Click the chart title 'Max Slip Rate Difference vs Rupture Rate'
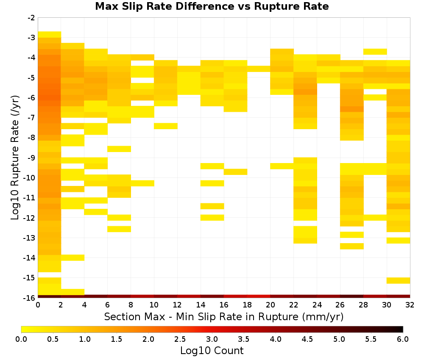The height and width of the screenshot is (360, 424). [x=212, y=6]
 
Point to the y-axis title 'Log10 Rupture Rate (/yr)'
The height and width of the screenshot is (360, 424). [x=15, y=158]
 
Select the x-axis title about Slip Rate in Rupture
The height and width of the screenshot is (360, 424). [x=223, y=317]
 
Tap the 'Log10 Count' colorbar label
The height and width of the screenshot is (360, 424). [x=212, y=351]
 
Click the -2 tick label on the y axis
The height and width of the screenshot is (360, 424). [x=31, y=18]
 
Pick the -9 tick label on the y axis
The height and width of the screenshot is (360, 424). [x=31, y=158]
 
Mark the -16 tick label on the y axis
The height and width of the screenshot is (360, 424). [x=30, y=298]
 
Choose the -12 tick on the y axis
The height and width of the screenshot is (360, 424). [x=30, y=218]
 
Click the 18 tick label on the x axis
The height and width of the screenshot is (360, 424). [x=247, y=305]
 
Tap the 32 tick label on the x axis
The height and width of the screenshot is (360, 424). [x=410, y=305]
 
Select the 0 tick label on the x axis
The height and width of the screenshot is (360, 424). [x=38, y=305]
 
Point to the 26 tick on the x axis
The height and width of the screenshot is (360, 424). [x=340, y=305]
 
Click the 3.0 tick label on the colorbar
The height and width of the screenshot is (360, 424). [x=212, y=339]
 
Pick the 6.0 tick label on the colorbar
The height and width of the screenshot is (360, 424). [x=403, y=339]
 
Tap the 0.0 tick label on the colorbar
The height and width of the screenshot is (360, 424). [x=21, y=339]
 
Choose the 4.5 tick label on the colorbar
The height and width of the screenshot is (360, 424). [x=307, y=339]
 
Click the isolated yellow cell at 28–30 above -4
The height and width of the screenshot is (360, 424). [x=375, y=52]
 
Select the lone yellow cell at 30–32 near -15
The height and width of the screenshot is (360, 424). [x=398, y=280]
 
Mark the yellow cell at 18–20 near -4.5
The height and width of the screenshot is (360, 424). [x=259, y=69]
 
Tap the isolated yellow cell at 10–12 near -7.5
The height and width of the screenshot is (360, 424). [x=166, y=126]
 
